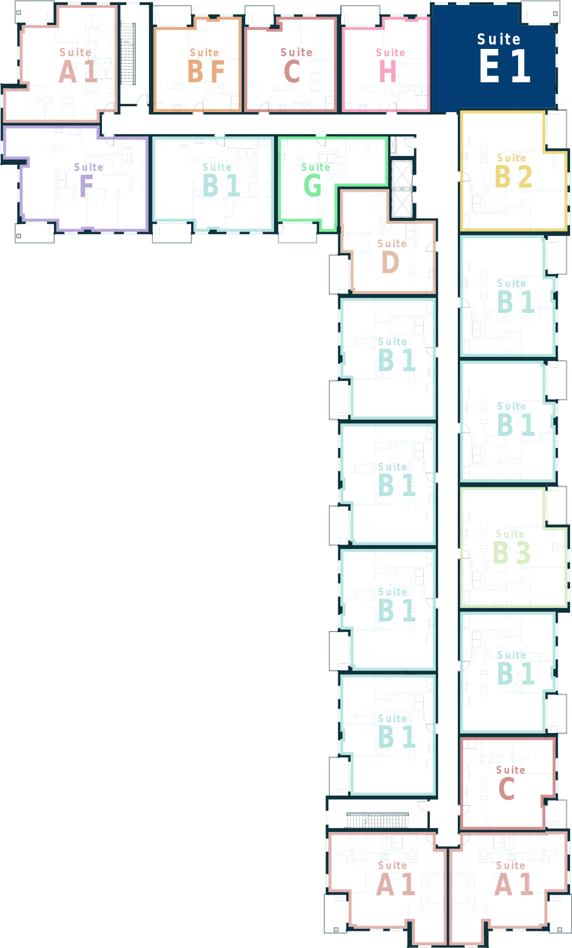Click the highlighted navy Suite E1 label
504,58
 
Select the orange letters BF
206,71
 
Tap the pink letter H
388,71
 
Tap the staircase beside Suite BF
127,54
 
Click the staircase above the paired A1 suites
377,820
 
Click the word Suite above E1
499,39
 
